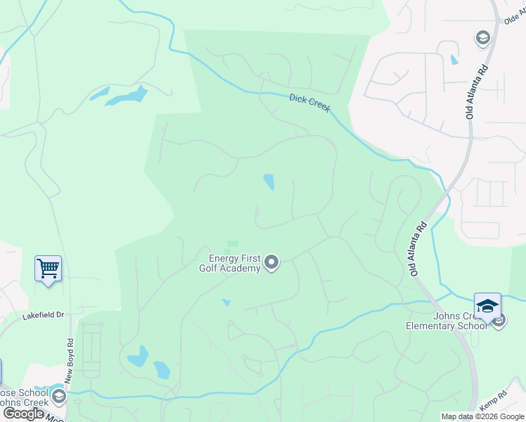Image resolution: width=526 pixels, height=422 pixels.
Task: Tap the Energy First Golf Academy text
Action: pyautogui.click(x=235, y=262)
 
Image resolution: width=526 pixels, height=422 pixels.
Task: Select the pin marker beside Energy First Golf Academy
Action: pyautogui.click(x=271, y=263)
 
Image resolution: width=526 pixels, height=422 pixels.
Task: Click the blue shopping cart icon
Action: pyautogui.click(x=48, y=268)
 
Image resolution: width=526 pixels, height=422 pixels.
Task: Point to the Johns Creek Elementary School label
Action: pyautogui.click(x=446, y=320)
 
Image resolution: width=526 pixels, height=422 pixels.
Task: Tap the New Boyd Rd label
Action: pyautogui.click(x=70, y=362)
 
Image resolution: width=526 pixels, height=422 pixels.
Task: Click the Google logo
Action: pyautogui.click(x=23, y=414)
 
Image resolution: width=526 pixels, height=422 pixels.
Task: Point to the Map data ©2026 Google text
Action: pyautogui.click(x=483, y=416)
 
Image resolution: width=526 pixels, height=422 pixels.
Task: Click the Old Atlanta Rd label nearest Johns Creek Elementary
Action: pyautogui.click(x=419, y=249)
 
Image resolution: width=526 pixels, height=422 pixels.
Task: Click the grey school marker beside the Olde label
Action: pyautogui.click(x=482, y=37)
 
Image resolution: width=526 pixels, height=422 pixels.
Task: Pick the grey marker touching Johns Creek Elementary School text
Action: pyautogui.click(x=499, y=321)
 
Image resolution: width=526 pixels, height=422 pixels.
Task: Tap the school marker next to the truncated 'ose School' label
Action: pyautogui.click(x=59, y=397)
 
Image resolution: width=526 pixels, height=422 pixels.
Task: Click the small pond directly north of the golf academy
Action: pyautogui.click(x=269, y=182)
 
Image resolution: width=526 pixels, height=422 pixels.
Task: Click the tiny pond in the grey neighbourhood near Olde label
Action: pyautogui.click(x=454, y=59)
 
